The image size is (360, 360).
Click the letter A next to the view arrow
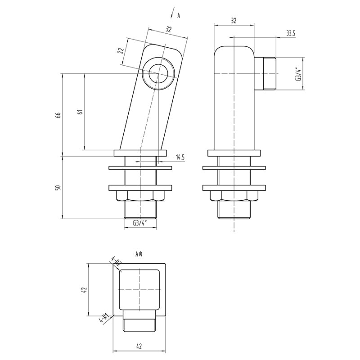click(x=179, y=16)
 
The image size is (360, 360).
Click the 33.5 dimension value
click(x=290, y=33)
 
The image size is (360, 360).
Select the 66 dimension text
click(x=58, y=115)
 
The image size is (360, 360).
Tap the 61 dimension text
click(x=80, y=112)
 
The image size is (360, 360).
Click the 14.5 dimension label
click(x=180, y=157)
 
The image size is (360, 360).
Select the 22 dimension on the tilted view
click(x=120, y=50)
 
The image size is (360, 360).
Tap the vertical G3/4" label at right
click(x=297, y=74)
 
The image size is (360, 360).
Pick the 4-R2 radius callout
click(x=116, y=262)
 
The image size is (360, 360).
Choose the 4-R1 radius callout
click(x=104, y=319)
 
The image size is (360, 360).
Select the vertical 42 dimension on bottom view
click(x=84, y=290)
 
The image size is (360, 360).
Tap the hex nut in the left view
click(x=140, y=196)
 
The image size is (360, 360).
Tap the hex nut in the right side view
click(x=234, y=196)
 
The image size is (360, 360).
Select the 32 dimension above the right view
click(x=234, y=20)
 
